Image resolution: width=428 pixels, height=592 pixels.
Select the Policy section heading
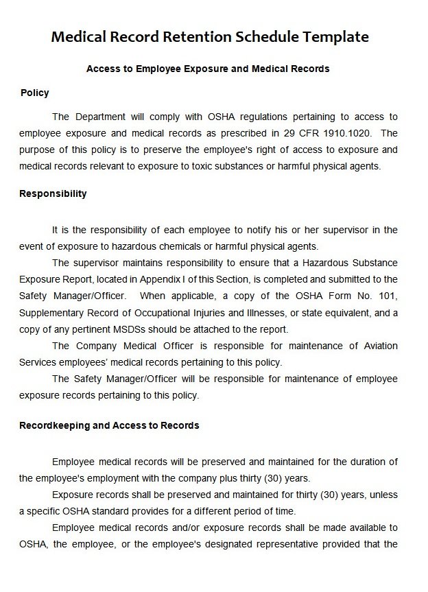pos(35,93)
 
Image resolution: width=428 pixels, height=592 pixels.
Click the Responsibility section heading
pos(53,193)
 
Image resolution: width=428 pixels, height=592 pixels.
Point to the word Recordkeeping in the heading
pos(54,425)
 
